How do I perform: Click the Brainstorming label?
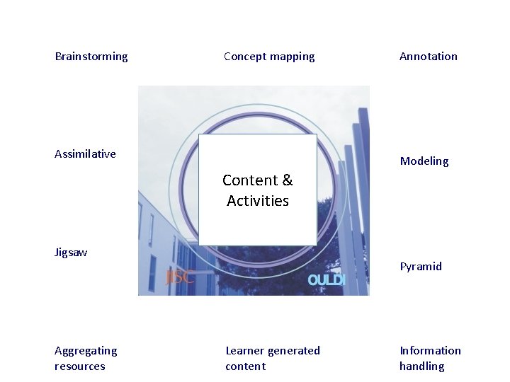coord(91,57)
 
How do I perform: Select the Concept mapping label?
coord(269,57)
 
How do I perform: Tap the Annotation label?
coord(429,57)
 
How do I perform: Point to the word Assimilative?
coord(85,154)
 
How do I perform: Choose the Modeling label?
coord(424,161)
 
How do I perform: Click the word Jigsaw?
coord(71,253)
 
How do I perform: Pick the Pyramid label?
coord(421,267)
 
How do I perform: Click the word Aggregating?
coord(86,351)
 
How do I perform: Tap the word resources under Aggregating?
coord(79,366)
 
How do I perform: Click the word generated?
coord(293,351)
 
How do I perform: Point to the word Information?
coord(430,351)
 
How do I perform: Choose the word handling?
coord(421,366)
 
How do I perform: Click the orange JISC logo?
coord(180,277)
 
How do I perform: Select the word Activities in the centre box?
coord(258,201)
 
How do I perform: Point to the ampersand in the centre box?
coord(287,180)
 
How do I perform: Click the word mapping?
coord(291,57)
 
